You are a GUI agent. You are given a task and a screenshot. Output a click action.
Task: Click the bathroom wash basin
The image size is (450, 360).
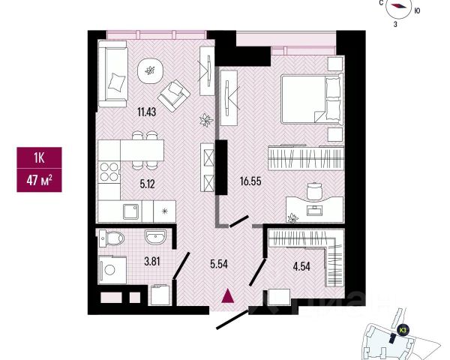point(156,238)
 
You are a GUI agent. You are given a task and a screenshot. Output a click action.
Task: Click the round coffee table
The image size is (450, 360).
point(151,71)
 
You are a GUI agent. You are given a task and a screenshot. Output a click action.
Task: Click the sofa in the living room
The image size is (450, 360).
point(115,76)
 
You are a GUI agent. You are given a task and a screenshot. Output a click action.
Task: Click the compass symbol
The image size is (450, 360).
point(400,8)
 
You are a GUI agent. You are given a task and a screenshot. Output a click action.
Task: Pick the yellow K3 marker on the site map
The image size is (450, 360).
point(403,328)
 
